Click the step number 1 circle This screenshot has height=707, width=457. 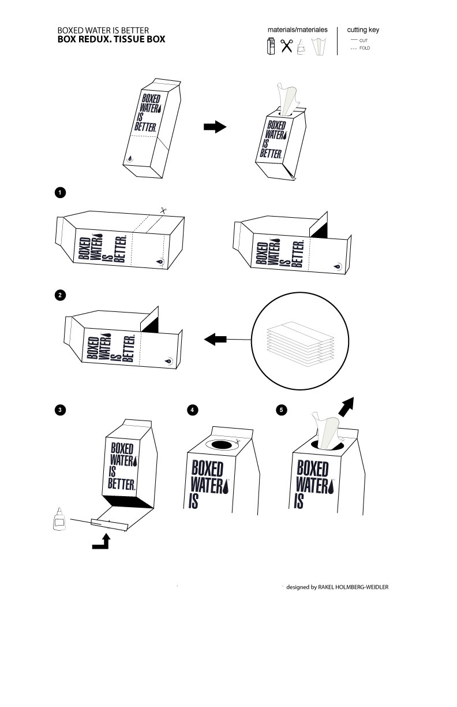59,192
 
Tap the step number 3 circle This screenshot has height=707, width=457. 59,410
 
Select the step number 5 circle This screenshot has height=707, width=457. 281,410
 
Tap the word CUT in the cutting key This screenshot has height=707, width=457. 363,40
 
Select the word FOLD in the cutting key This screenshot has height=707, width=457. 364,48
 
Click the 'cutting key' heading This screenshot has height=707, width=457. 363,29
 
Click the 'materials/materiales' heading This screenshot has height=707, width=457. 297,29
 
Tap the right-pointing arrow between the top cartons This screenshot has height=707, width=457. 215,127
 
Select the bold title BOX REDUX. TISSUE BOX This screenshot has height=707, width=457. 111,39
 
